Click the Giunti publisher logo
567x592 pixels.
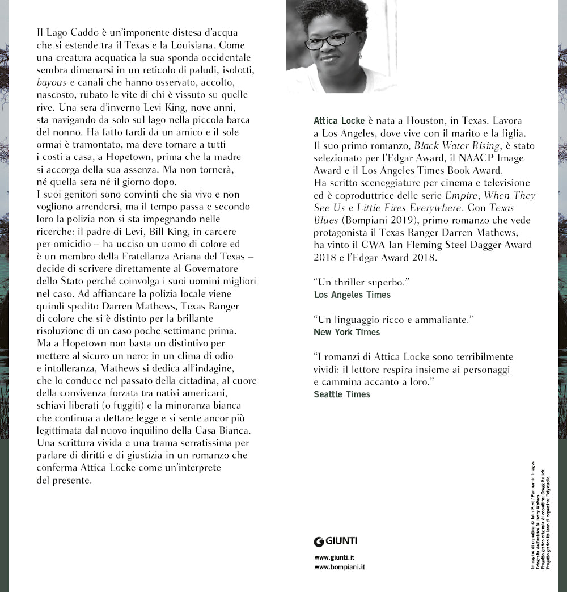336,540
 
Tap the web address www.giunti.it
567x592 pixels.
335,557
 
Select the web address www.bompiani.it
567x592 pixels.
339,566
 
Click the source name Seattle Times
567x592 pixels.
342,394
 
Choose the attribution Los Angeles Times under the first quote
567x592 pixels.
352,295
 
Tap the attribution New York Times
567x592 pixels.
347,332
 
